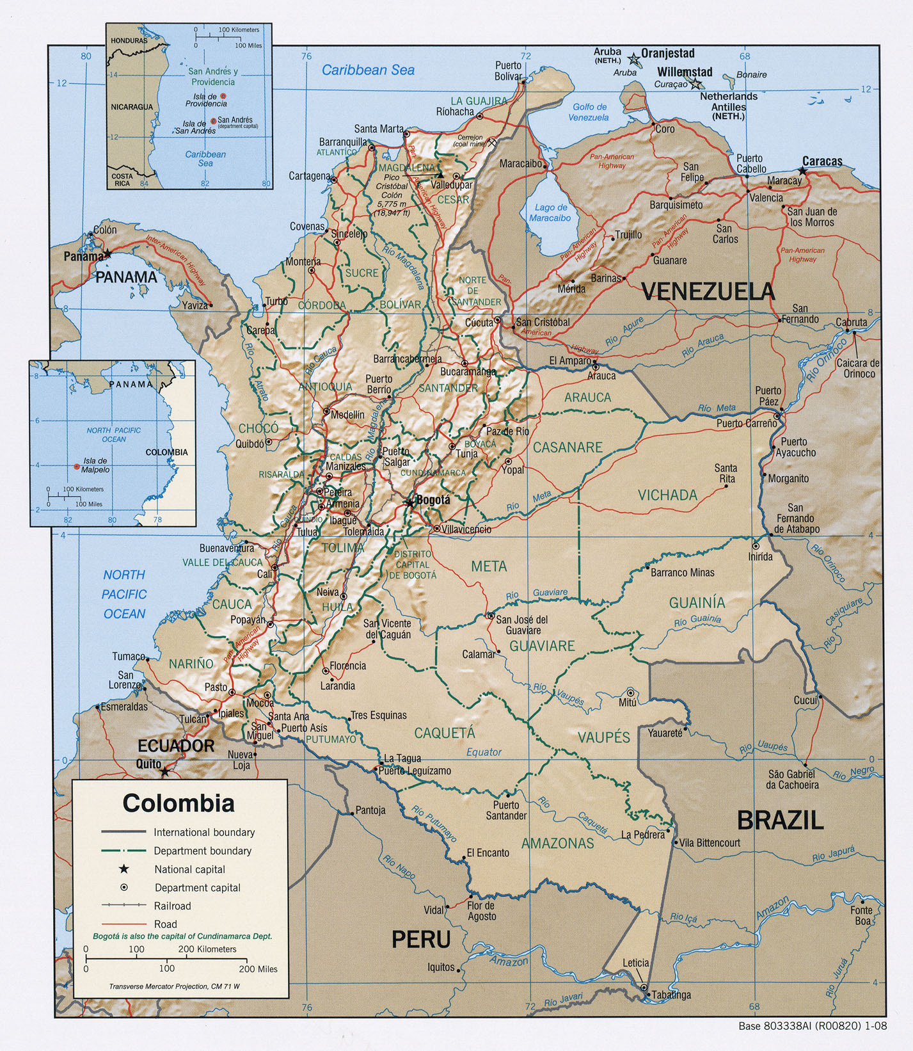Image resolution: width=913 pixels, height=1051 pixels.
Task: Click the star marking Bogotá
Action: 409,503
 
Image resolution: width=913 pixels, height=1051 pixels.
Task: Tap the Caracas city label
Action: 822,161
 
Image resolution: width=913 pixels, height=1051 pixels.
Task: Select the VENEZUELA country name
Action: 708,292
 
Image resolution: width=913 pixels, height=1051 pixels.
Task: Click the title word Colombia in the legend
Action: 179,803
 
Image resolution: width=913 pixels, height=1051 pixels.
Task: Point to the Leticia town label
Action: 635,963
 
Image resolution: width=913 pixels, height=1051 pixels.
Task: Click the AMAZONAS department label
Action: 557,844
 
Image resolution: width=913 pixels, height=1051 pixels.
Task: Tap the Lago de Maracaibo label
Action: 551,213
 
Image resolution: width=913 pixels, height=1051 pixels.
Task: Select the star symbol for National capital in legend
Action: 123,869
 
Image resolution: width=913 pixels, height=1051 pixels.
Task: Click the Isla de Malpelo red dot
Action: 77,467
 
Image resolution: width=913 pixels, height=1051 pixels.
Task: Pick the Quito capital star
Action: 164,772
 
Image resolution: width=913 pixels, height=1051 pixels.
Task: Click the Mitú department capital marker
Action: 631,693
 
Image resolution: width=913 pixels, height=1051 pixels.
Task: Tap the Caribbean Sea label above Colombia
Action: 368,70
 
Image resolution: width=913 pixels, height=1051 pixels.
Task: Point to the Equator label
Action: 484,752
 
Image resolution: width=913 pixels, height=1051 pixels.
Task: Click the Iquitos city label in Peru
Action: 441,967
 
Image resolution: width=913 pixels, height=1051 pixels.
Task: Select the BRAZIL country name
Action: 779,820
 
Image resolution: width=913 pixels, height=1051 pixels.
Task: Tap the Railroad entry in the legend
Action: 172,906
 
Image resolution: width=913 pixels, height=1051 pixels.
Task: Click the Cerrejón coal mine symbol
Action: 492,143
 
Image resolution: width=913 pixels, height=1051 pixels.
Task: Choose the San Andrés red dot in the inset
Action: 213,120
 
